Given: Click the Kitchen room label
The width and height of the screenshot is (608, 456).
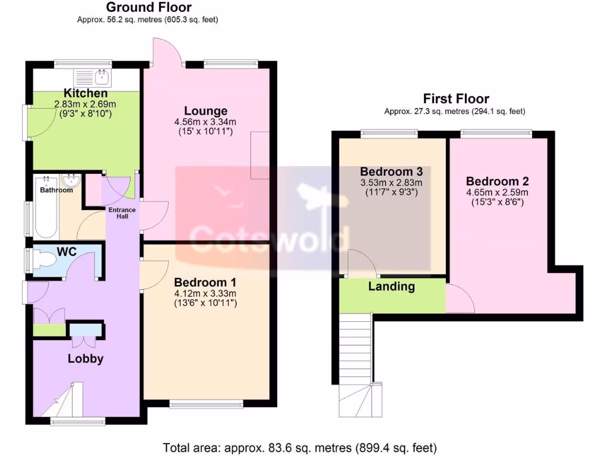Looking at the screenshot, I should tap(85, 94).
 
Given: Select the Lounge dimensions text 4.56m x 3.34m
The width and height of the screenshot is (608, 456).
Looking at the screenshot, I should tap(205, 122).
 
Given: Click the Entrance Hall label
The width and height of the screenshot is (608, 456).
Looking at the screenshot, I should tap(121, 213).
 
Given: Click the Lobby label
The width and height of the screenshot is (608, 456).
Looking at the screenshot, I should tap(85, 359).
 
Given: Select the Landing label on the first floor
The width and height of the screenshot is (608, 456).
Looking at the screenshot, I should tap(391, 287).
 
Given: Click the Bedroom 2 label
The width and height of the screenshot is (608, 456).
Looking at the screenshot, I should tap(497, 182).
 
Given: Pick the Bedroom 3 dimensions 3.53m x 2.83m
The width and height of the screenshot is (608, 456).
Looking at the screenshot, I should tap(391, 183).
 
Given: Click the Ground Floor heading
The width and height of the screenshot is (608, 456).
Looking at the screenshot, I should tap(148, 8).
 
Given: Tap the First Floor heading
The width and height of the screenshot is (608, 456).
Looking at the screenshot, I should tap(455, 99).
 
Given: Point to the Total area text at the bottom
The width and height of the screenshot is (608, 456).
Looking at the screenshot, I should tap(300, 447).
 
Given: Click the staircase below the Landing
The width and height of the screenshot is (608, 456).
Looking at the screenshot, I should tap(355, 350).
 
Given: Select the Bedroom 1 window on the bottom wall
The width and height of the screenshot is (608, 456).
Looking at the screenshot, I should tap(206, 406).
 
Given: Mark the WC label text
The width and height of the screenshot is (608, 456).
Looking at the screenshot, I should tap(66, 252).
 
